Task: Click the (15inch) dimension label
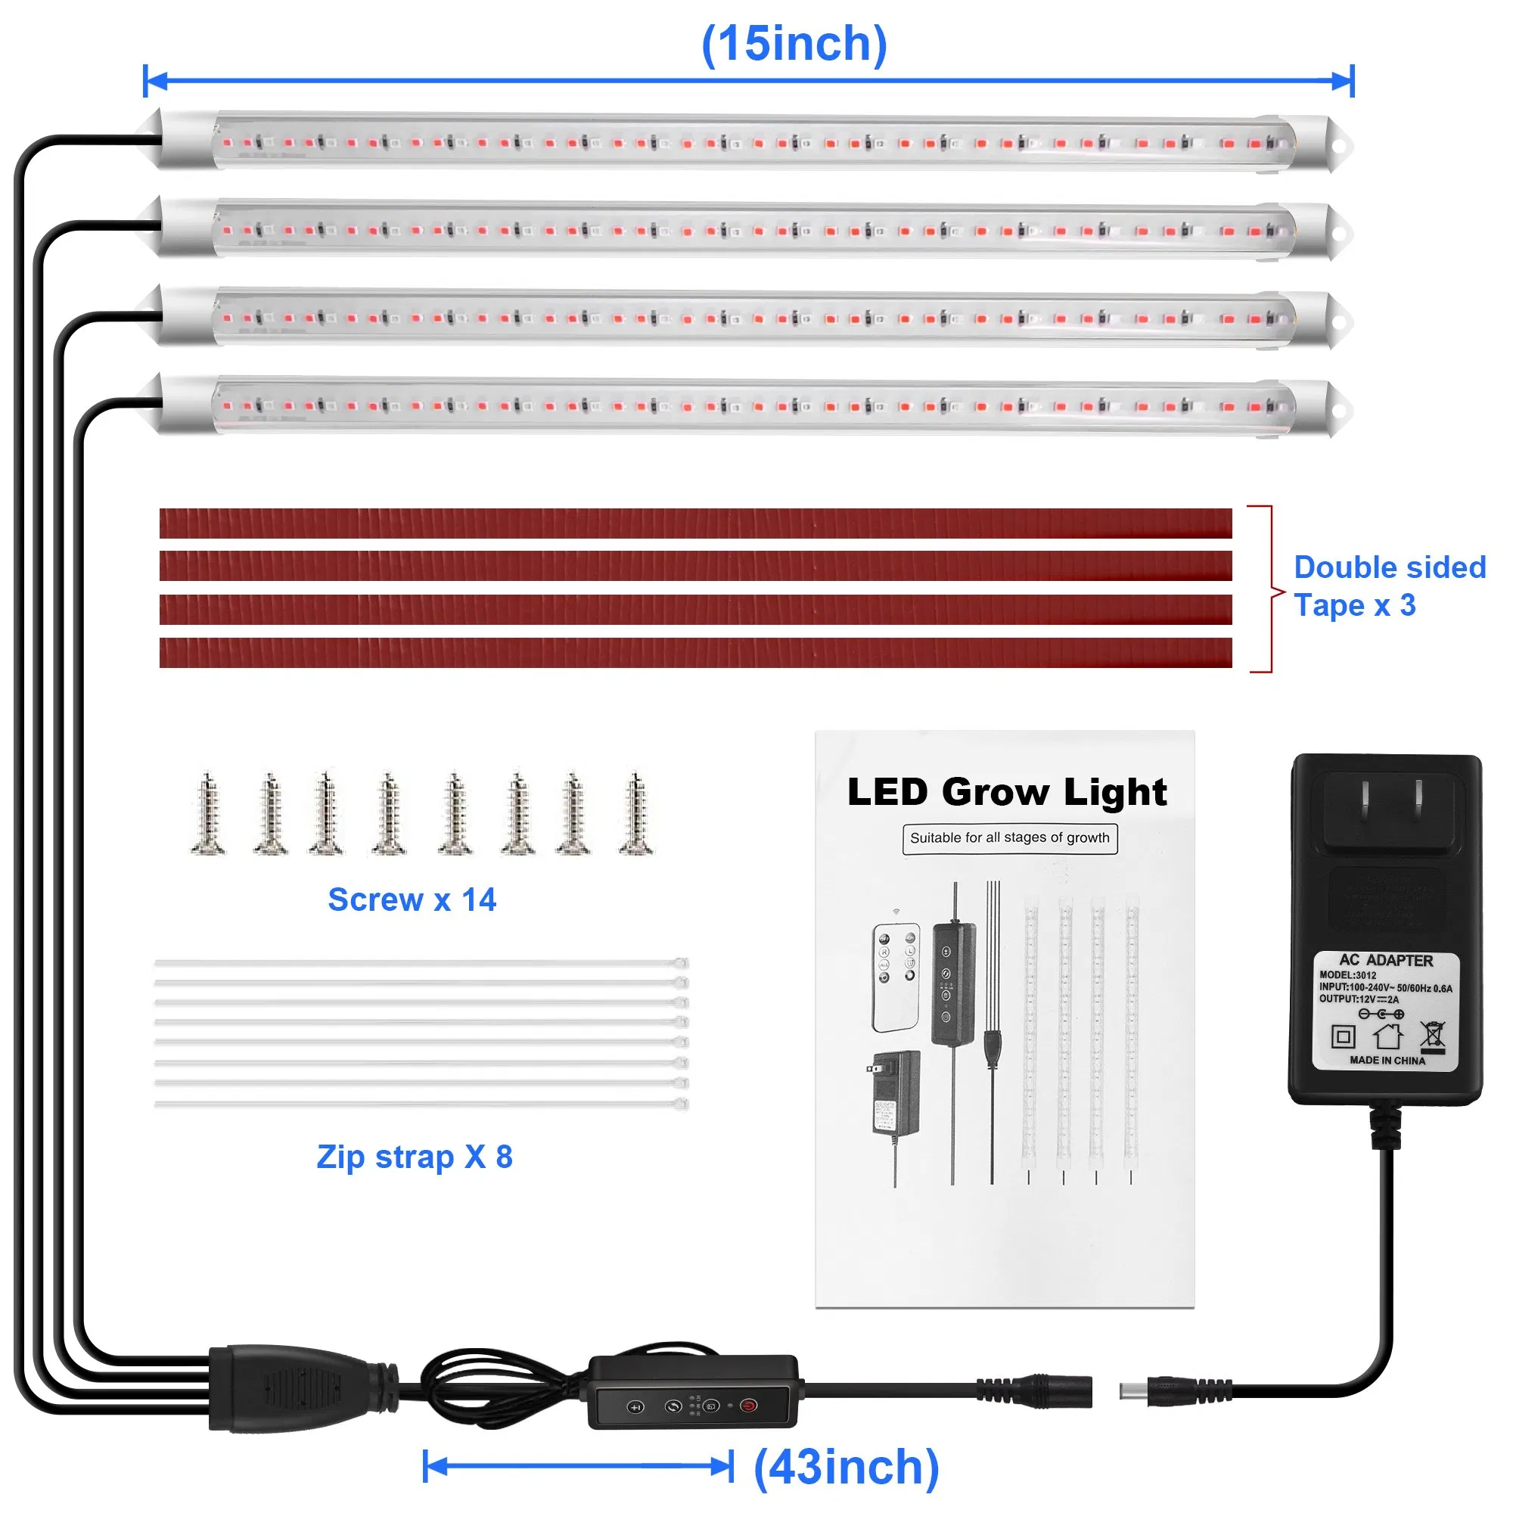point(794,44)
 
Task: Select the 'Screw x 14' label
point(412,899)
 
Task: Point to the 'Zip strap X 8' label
point(415,1157)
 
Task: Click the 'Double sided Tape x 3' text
point(1388,586)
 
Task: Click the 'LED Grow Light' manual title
point(1007,792)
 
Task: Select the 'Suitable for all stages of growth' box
point(1009,838)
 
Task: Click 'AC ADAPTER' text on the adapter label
point(1385,960)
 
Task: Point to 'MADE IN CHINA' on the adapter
point(1387,1061)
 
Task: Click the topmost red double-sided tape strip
point(695,523)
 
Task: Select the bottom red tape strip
point(695,653)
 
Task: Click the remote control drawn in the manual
point(896,977)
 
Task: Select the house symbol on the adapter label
point(1387,1036)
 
